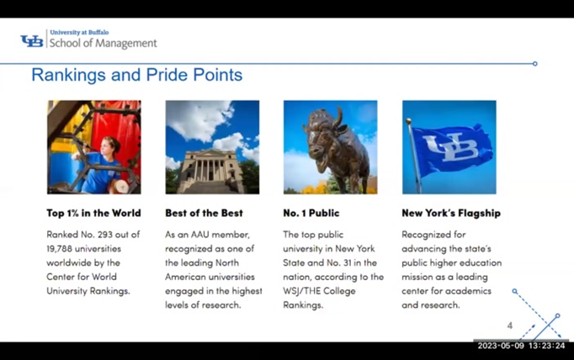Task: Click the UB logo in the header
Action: (32, 40)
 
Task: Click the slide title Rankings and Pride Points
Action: (136, 75)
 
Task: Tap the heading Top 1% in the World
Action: (93, 213)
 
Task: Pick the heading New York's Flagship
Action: (450, 213)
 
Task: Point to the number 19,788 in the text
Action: (64, 248)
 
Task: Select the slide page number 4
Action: (510, 326)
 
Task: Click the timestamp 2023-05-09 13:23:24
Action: (521, 346)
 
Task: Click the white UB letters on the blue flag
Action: (450, 147)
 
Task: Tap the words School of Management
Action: (103, 44)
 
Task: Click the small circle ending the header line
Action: (534, 63)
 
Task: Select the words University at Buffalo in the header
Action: (79, 33)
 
